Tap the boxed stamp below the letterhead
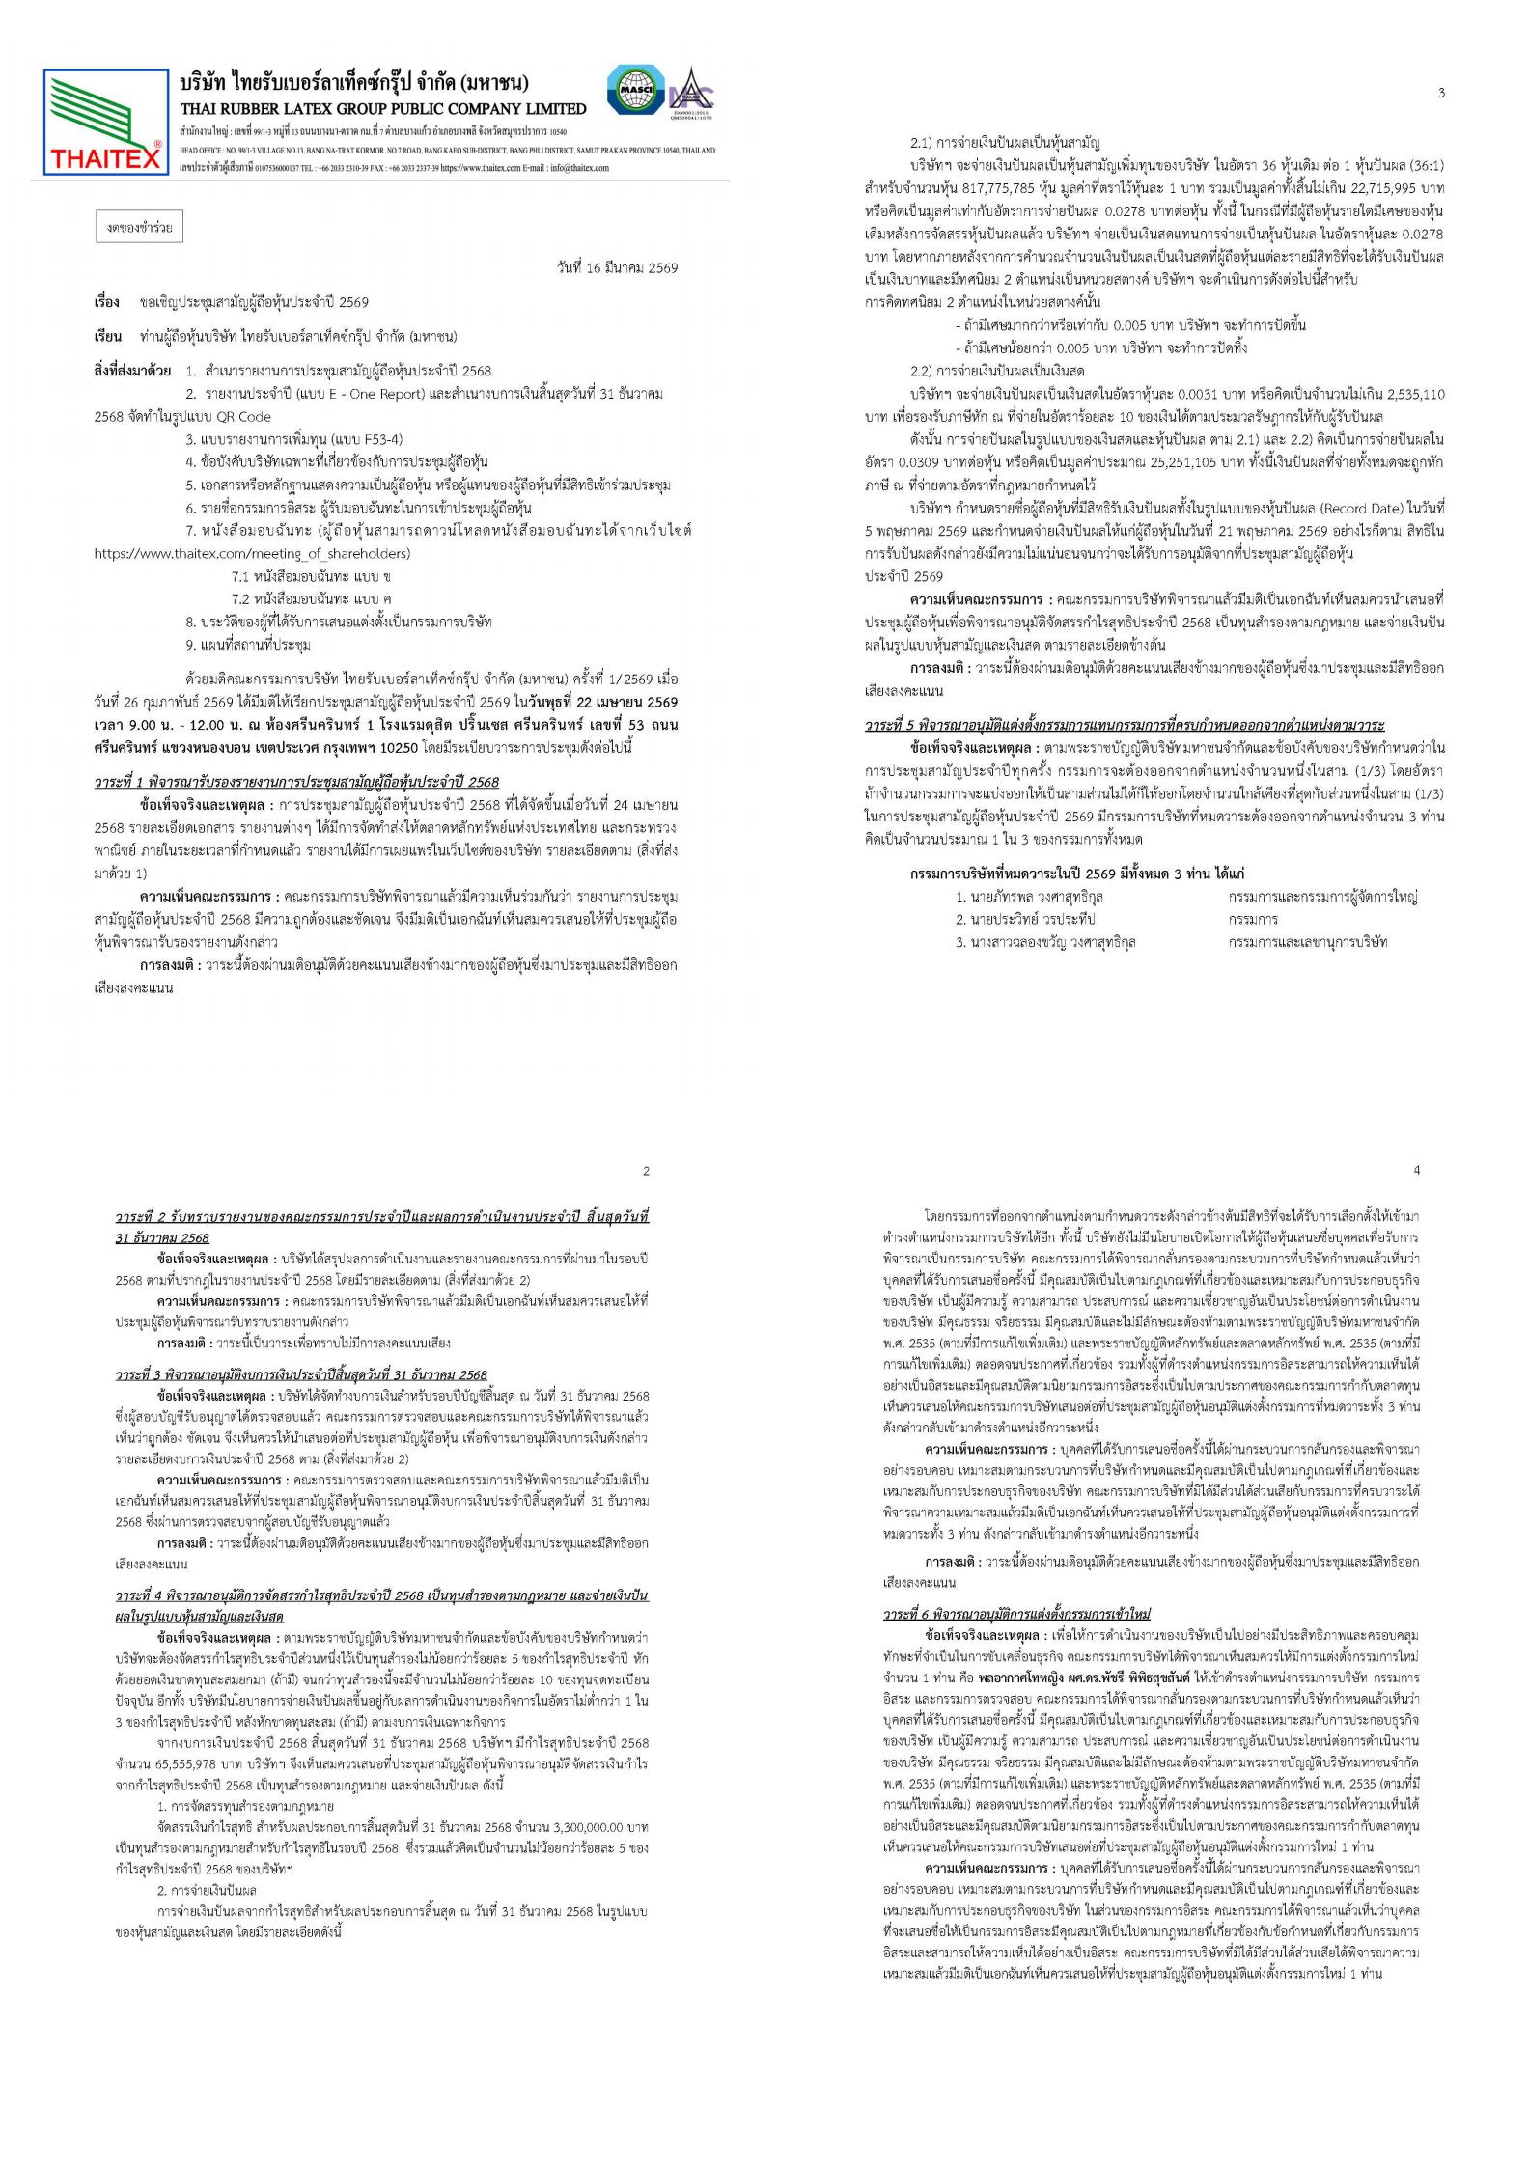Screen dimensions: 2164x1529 click(x=140, y=229)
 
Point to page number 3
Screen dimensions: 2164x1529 click(x=1441, y=93)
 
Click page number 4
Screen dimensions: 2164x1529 click(x=1416, y=1171)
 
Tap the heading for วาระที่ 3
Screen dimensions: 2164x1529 click(x=301, y=1374)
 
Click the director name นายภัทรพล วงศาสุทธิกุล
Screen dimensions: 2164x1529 click(x=1030, y=896)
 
